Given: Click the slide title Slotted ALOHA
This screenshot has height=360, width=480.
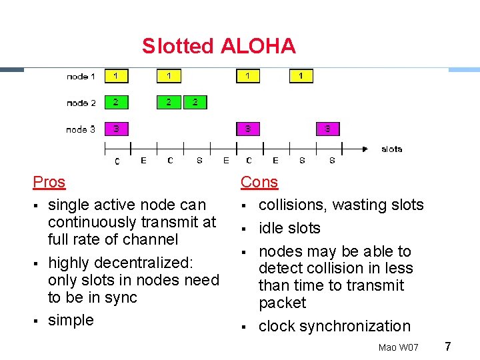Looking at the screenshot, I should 218,46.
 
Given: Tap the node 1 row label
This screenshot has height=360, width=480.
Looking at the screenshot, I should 81,77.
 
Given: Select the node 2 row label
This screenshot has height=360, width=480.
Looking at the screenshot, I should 81,103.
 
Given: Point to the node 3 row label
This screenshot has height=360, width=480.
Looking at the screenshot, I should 81,129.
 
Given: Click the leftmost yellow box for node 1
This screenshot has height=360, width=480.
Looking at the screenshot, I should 116,76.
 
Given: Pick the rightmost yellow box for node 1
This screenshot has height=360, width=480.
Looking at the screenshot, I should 301,76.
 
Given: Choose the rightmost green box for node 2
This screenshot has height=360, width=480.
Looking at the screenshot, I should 195,102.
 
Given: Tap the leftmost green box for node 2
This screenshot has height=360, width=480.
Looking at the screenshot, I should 116,102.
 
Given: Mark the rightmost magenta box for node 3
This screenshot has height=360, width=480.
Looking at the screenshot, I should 327,128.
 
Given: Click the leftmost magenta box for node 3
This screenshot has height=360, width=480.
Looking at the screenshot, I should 116,128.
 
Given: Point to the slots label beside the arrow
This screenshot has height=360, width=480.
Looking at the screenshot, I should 391,149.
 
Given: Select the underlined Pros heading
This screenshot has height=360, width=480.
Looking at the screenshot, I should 49,182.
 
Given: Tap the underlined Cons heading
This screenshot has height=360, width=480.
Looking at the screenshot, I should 259,182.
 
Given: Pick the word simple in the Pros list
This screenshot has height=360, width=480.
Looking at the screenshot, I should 71,320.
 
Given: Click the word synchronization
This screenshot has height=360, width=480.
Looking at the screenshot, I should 355,326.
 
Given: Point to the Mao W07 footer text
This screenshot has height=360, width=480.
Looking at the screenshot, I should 398,347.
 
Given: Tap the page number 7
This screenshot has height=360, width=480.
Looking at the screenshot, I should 448,346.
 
